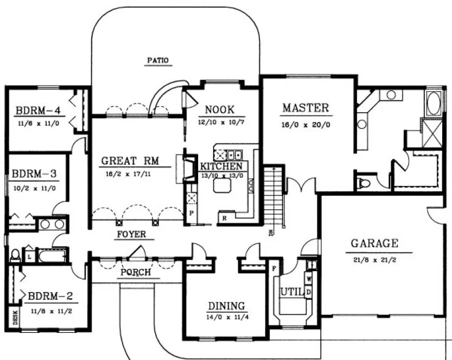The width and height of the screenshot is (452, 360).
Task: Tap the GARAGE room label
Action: tap(374, 243)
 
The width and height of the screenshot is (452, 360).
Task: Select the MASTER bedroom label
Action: tap(305, 107)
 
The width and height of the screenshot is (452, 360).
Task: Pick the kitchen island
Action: tap(222, 187)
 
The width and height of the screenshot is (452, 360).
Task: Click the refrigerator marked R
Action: tap(224, 218)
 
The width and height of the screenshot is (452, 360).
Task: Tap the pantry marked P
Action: tap(192, 213)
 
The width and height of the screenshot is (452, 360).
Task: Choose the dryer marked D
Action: tap(309, 292)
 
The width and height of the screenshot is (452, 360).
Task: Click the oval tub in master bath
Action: tap(434, 104)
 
